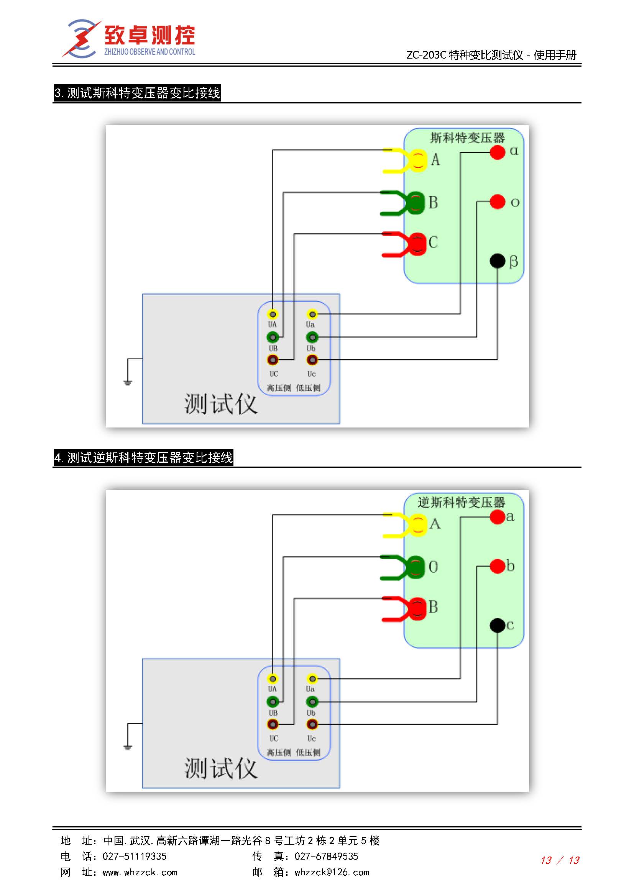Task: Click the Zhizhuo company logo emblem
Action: click(x=82, y=39)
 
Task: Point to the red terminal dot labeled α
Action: click(x=498, y=152)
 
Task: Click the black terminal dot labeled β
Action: click(x=498, y=261)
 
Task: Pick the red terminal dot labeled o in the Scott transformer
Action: click(x=498, y=202)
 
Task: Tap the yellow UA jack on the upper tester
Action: click(x=273, y=314)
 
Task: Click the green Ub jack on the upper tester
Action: click(x=312, y=337)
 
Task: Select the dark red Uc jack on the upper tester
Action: click(x=312, y=359)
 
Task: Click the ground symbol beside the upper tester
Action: click(x=128, y=382)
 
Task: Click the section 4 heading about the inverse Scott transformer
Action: click(x=143, y=457)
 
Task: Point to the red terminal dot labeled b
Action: click(x=498, y=566)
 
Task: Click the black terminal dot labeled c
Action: click(x=498, y=625)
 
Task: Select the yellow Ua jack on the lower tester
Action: click(x=312, y=679)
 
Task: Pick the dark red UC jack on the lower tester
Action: click(x=273, y=724)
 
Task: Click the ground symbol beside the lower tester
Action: click(x=128, y=747)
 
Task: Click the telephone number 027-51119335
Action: click(x=134, y=856)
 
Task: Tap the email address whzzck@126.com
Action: click(x=332, y=872)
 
